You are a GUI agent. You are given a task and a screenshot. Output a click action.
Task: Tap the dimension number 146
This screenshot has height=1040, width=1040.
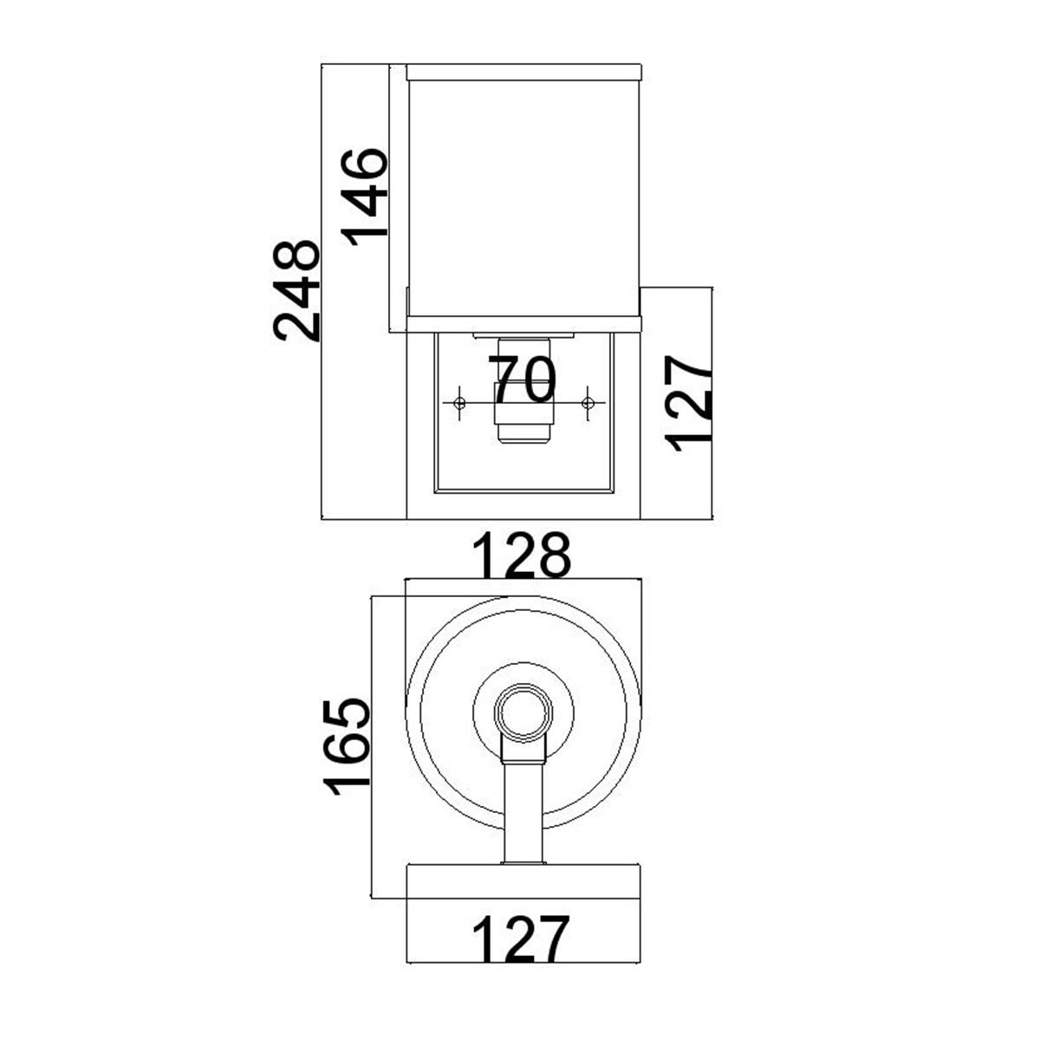tap(362, 197)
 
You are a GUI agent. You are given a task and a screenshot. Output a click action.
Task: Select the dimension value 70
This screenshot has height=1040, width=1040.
tap(523, 380)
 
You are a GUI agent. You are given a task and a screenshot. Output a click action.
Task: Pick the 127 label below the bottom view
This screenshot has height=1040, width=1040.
tap(522, 939)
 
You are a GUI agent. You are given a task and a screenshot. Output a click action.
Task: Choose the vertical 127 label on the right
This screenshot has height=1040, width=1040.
tap(692, 403)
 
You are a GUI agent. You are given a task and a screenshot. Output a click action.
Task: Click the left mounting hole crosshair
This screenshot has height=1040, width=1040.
tap(460, 402)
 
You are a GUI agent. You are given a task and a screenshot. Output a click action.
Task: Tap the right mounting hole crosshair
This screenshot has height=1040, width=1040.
tap(588, 402)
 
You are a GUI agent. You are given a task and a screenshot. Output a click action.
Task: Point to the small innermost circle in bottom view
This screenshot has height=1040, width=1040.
tap(523, 714)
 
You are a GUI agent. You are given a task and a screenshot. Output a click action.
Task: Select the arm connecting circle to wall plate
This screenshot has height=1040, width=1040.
tap(523, 810)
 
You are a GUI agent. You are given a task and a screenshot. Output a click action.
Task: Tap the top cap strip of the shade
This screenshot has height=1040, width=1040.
tap(523, 71)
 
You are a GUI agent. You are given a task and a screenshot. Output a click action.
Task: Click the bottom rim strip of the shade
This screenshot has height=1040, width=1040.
tap(523, 324)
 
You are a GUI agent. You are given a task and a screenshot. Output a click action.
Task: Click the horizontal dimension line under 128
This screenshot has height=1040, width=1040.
tap(523, 579)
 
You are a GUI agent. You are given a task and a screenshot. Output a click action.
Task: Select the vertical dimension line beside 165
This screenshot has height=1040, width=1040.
tap(371, 745)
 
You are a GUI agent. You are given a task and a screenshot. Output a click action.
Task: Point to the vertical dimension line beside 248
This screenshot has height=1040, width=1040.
tap(322, 290)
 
